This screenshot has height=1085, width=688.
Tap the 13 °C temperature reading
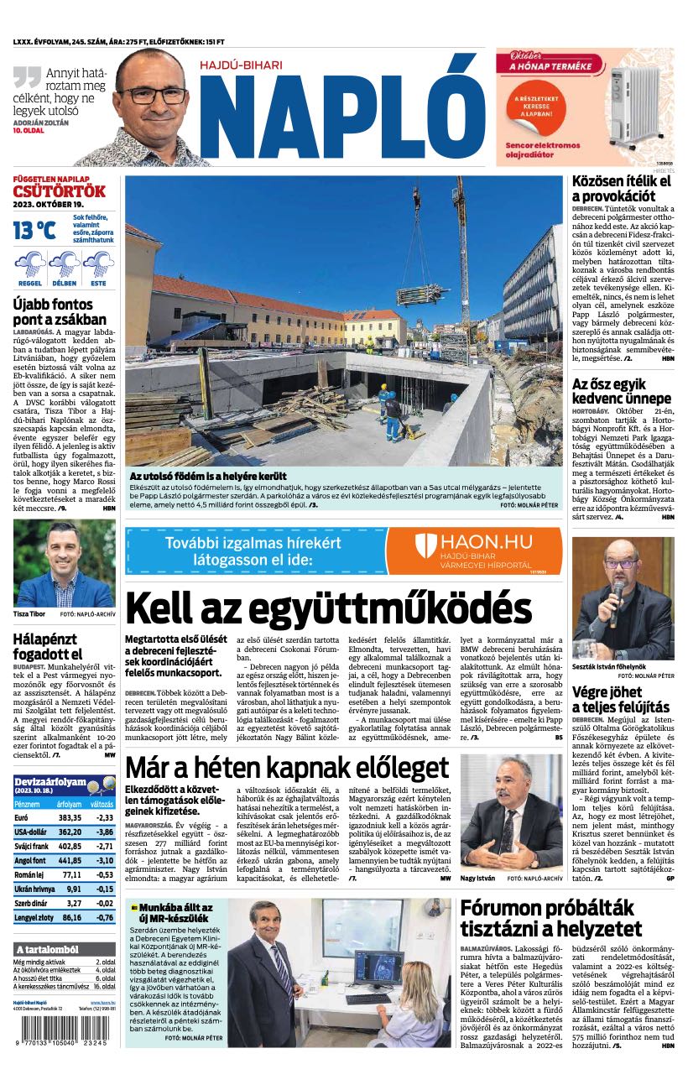[34, 230]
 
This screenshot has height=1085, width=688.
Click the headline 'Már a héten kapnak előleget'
[287, 767]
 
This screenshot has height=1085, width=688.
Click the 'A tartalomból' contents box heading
[48, 949]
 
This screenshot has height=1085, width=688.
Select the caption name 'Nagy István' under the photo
[477, 878]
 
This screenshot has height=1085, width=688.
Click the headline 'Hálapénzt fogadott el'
[48, 646]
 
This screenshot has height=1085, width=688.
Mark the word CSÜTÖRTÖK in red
[60, 190]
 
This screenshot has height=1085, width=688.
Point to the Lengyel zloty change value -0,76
[105, 917]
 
